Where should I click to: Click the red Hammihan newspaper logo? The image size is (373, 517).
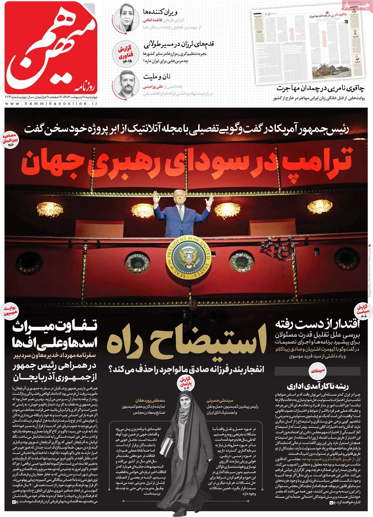(x=51, y=47)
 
